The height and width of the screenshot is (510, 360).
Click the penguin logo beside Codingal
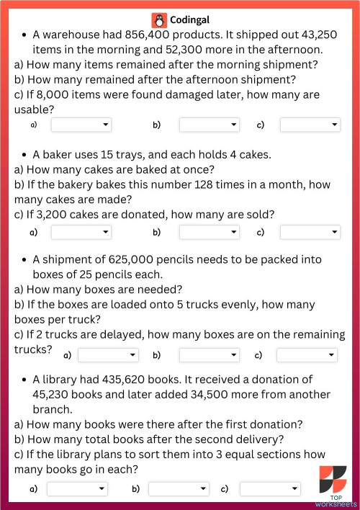click(x=158, y=20)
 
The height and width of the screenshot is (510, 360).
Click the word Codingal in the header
click(x=190, y=20)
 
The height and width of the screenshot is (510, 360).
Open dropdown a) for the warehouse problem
click(x=81, y=125)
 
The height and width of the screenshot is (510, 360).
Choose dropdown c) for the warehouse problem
click(x=310, y=125)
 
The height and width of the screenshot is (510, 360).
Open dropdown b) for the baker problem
click(x=209, y=232)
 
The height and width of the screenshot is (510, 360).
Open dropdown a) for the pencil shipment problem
click(x=108, y=355)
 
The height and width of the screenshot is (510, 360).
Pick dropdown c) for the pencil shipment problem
click(x=307, y=355)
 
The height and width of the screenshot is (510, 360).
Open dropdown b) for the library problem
click(x=178, y=489)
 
